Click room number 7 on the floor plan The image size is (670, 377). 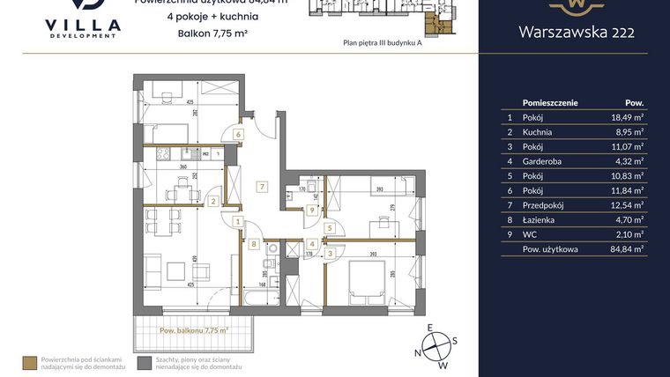(262, 186)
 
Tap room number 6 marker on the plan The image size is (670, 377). (238, 134)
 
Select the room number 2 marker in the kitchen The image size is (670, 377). (213, 201)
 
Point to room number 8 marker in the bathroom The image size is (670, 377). (253, 244)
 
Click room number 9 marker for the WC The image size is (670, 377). (312, 210)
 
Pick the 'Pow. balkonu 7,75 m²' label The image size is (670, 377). (193, 330)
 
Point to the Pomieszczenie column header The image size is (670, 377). (549, 102)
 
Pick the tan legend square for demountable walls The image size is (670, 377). (32, 361)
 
